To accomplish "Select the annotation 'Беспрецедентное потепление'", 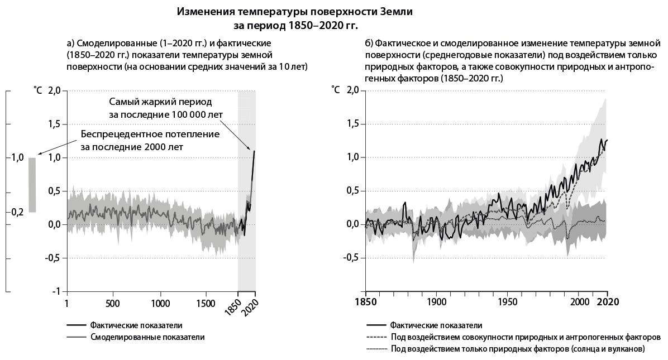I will point(150,135).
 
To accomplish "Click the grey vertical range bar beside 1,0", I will point(32,185).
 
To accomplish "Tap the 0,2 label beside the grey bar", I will point(17,212).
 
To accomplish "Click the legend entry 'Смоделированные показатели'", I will point(147,337).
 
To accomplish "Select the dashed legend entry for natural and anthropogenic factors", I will point(526,337).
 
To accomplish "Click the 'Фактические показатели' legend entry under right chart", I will point(436,325).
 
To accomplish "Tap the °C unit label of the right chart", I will point(336,89).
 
